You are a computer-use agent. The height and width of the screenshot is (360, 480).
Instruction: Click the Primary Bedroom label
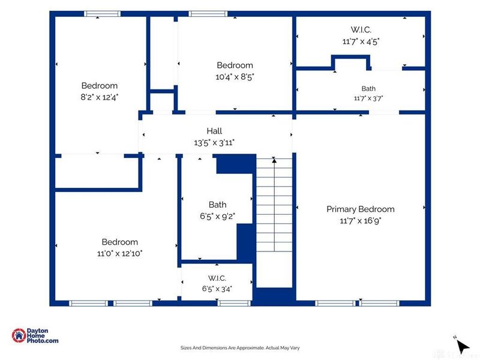[x=361, y=209]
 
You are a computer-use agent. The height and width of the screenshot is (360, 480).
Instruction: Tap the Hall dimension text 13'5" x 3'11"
[x=214, y=143]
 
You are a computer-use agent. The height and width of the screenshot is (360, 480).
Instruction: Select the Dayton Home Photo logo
[x=35, y=335]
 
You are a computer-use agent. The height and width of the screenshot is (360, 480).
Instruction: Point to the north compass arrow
[x=463, y=346]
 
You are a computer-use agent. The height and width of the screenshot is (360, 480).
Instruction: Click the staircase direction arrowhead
[x=274, y=160]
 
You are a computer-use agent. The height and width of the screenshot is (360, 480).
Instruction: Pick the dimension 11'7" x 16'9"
[x=361, y=221]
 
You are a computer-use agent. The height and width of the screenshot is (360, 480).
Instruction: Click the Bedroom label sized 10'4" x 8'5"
[x=235, y=65]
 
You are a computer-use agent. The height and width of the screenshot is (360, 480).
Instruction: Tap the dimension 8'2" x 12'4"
[x=100, y=97]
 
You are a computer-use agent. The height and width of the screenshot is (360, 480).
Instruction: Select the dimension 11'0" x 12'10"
[x=119, y=253]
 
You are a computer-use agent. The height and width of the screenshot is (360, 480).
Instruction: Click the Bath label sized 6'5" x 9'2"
[x=218, y=205]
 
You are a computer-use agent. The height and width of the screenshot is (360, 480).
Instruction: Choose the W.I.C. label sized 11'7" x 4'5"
[x=361, y=29]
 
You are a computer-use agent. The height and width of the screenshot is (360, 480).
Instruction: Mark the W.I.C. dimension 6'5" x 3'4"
[x=217, y=289]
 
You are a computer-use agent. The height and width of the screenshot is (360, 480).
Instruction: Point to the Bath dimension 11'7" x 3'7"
[x=368, y=98]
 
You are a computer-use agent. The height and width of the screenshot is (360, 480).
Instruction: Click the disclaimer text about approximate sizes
[x=240, y=348]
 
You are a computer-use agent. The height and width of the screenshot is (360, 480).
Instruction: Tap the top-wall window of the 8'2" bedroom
[x=102, y=14]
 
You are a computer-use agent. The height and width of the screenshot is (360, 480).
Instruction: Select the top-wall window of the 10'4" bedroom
[x=208, y=14]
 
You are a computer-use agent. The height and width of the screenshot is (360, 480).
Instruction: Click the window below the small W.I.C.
[x=234, y=304]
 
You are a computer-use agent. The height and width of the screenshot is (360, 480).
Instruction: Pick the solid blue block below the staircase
[x=274, y=296]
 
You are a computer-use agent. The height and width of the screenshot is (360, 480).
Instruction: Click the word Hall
[x=214, y=131]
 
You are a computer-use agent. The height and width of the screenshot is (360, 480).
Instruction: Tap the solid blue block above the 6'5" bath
[x=236, y=164]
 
